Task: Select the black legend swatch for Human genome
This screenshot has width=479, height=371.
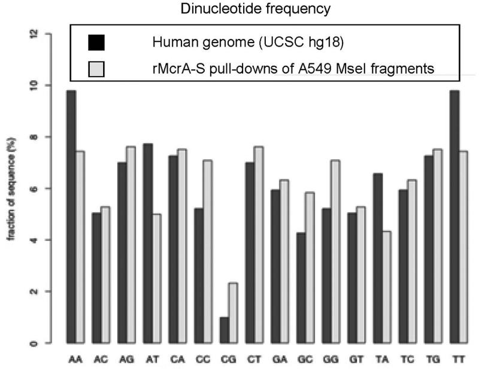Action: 96,42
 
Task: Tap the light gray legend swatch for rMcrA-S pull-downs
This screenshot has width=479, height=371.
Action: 96,69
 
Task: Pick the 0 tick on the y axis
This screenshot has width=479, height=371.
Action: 32,343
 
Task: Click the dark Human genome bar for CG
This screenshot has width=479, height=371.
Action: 225,330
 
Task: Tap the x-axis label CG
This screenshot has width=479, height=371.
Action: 229,363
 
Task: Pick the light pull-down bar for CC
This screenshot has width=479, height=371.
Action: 208,251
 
